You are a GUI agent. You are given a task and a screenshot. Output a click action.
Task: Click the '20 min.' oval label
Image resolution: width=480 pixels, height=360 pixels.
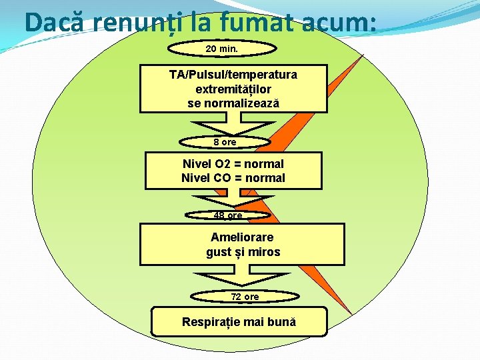tap(222, 49)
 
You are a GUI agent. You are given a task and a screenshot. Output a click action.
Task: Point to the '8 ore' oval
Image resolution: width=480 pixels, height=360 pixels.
tap(225, 142)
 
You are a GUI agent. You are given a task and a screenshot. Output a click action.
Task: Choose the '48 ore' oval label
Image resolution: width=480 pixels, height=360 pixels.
tap(227, 215)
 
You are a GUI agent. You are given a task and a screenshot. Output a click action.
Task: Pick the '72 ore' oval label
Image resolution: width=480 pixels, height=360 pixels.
tap(245, 297)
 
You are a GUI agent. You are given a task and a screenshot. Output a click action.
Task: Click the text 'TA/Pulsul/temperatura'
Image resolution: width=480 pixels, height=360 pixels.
tap(233, 74)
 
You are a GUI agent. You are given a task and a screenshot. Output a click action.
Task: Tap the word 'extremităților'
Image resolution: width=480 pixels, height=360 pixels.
tap(233, 89)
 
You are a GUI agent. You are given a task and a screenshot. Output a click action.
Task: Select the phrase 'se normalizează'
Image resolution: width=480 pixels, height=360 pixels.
tap(233, 103)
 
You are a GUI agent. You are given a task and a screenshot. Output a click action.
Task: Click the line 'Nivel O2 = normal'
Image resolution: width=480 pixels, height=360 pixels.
tap(233, 163)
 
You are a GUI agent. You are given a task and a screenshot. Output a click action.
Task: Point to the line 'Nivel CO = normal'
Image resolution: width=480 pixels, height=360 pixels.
tap(233, 178)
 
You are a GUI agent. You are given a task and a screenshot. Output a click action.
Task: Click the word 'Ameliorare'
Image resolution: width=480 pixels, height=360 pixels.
tap(242, 237)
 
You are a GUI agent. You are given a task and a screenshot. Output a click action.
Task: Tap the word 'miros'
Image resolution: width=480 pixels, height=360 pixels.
tap(265, 252)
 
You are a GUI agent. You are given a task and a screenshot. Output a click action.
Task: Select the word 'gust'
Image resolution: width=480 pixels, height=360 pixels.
tap(219, 252)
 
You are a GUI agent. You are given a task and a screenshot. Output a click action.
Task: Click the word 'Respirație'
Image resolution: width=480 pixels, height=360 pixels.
tap(212, 322)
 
